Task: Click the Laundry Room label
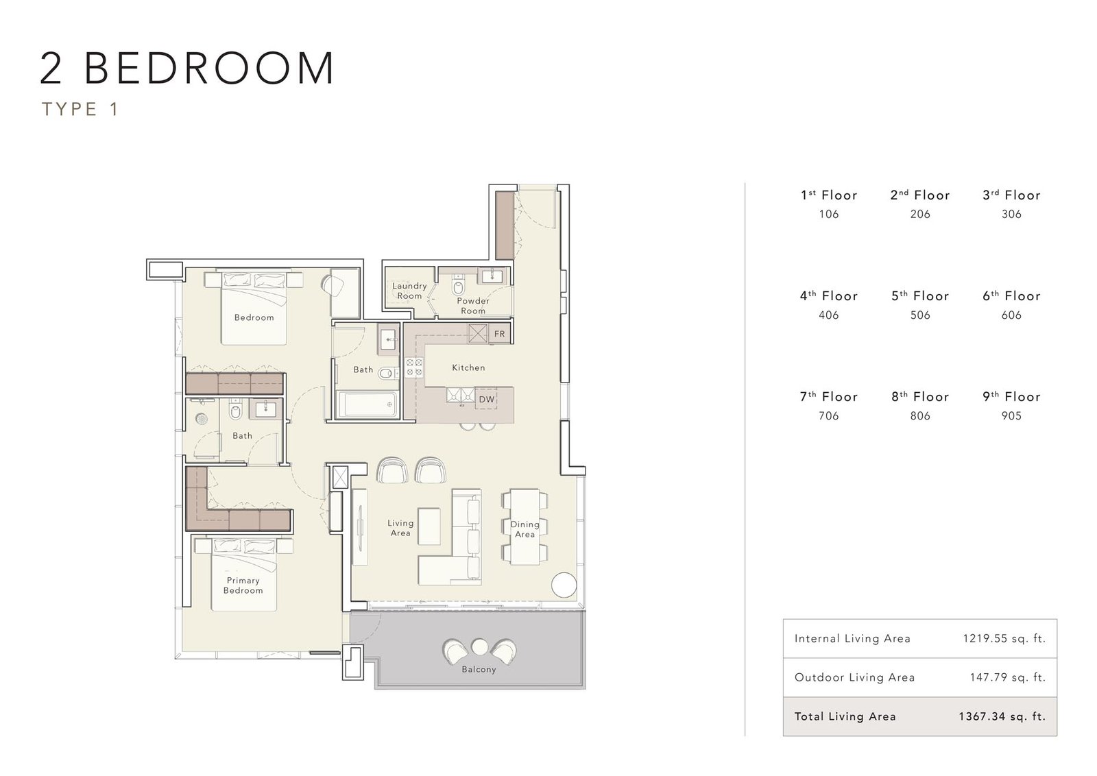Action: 409,291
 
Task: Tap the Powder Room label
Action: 473,306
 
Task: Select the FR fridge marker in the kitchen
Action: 500,335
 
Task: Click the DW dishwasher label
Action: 486,400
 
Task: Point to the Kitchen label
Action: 469,367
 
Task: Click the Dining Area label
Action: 525,529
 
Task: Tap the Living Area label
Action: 400,529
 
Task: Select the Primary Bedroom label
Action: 243,585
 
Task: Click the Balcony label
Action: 479,669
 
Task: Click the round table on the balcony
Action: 480,646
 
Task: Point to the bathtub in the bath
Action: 367,404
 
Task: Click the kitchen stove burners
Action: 414,367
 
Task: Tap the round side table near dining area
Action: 564,585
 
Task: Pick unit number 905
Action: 1011,416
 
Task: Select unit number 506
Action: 920,315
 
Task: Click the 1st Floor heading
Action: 829,195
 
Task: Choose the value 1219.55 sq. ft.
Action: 1004,638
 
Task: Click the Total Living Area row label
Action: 845,717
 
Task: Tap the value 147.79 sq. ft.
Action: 1007,677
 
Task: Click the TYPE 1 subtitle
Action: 80,109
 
